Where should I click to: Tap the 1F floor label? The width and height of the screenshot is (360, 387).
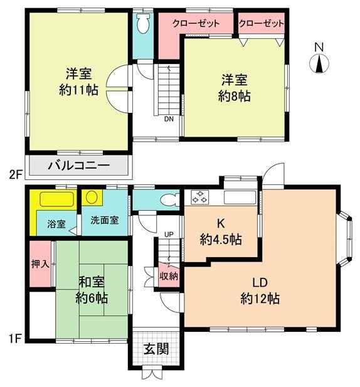pos(15,338)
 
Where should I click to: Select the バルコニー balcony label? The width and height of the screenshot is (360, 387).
pos(79,166)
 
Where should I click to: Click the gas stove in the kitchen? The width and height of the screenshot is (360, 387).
pos(200,197)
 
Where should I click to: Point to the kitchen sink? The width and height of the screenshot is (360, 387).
pos(240,198)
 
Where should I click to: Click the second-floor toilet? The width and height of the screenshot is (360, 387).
pos(143,23)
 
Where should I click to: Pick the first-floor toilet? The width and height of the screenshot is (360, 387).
pos(170,199)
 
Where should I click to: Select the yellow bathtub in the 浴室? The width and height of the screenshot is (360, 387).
pos(56,199)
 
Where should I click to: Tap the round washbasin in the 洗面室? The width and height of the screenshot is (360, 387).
pos(92,197)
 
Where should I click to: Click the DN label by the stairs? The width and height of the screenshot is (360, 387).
pos(169,119)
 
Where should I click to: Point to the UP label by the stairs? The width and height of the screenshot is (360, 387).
pos(169,235)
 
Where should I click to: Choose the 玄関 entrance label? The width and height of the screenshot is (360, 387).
pos(156,349)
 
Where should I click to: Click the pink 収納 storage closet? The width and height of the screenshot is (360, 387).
pos(169,275)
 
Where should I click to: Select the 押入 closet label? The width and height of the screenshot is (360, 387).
pos(41,264)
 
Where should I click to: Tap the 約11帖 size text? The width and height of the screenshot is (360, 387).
pos(79,90)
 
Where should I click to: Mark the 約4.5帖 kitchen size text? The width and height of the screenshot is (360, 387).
pos(221,240)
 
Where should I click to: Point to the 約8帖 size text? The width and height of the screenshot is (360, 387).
pos(235,96)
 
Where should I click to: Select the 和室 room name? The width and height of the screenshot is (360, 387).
pos(92,282)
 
